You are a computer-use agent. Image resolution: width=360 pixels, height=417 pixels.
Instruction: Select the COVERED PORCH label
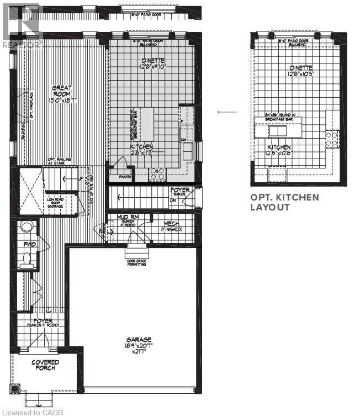tap(45, 365)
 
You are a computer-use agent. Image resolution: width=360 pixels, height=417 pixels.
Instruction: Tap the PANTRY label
tap(126, 177)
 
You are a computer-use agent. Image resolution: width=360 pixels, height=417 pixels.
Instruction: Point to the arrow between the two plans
tap(226, 112)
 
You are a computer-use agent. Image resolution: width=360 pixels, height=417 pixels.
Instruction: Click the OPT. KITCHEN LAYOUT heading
tap(285, 202)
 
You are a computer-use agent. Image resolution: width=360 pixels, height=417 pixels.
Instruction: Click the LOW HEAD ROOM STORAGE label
tap(56, 202)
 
